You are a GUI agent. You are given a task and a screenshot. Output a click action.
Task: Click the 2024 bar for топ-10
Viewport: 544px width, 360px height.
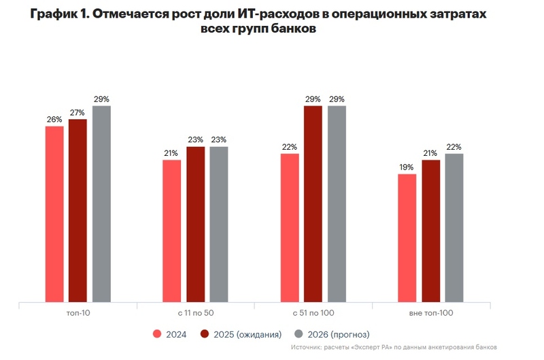click(x=54, y=214)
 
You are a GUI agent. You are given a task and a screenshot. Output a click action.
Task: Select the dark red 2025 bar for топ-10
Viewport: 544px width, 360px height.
click(x=78, y=210)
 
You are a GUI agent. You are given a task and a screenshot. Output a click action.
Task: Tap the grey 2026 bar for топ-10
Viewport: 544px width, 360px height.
click(x=101, y=203)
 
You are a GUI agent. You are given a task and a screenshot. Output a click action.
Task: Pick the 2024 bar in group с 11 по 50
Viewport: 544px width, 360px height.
click(x=172, y=231)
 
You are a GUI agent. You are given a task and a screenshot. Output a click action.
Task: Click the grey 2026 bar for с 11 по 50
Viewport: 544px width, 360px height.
click(x=219, y=224)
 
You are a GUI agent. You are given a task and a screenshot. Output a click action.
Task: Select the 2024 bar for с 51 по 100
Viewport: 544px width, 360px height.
click(x=290, y=227)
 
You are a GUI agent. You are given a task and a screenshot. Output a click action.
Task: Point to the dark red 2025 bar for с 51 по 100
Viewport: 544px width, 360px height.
click(x=313, y=203)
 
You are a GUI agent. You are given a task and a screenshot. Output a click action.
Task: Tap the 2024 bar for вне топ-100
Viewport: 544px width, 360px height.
click(x=407, y=238)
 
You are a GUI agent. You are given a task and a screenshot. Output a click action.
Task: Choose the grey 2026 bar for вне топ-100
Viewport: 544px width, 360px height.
click(x=454, y=227)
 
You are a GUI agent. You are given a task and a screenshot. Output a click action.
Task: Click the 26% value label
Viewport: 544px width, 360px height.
click(x=54, y=120)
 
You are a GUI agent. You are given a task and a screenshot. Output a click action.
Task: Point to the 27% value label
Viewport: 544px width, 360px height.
click(x=78, y=113)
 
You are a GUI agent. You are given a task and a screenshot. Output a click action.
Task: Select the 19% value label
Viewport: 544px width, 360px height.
click(x=407, y=167)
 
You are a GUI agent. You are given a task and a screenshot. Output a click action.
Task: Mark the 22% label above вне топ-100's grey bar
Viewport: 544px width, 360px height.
click(x=454, y=147)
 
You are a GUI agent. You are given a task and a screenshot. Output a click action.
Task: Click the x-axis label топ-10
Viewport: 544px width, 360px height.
click(x=78, y=313)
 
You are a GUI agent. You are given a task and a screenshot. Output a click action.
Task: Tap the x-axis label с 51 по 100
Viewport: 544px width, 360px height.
click(x=313, y=313)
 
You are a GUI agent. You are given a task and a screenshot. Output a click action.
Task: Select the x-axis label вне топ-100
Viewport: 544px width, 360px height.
click(x=430, y=313)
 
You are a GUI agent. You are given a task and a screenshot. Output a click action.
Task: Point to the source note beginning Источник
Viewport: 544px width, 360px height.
click(x=394, y=347)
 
